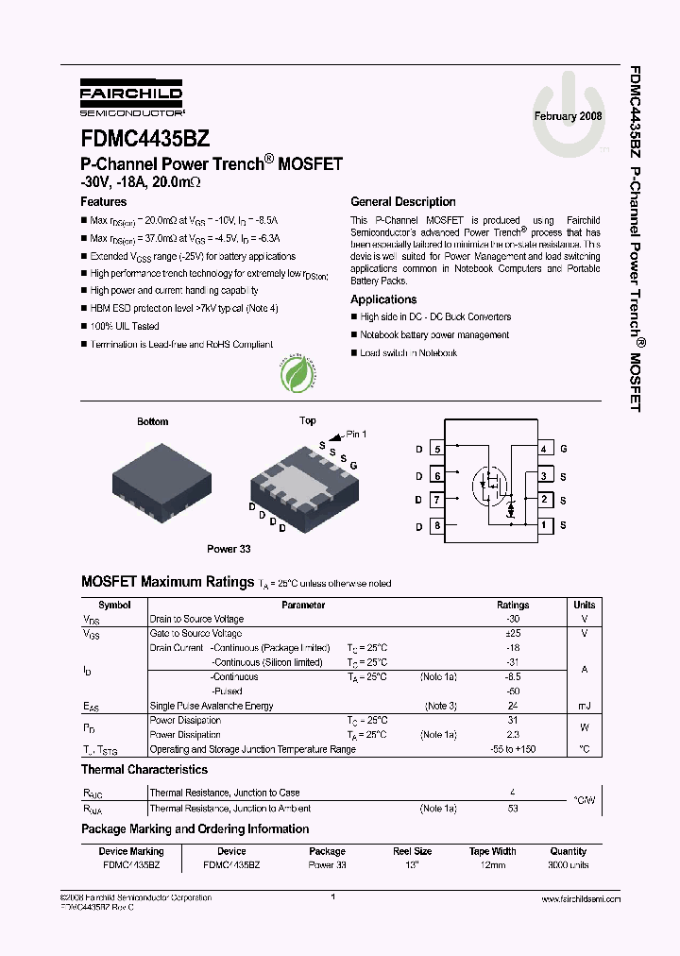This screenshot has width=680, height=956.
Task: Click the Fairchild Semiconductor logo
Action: (x=131, y=99)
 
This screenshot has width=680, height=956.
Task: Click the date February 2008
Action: (x=568, y=116)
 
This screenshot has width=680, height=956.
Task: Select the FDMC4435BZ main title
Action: (x=144, y=138)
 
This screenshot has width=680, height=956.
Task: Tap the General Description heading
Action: (x=402, y=201)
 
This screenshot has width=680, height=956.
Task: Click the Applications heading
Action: (x=383, y=299)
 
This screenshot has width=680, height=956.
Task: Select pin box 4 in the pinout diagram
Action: (x=545, y=449)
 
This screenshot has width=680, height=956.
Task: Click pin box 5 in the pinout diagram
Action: (x=437, y=450)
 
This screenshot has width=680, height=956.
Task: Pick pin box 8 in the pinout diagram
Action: (x=437, y=525)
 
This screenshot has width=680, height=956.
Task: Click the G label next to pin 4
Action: (x=564, y=449)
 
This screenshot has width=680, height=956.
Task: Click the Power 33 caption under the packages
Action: (x=229, y=548)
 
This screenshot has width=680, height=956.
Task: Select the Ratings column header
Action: (x=513, y=605)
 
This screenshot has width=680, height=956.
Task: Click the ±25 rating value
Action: (x=513, y=634)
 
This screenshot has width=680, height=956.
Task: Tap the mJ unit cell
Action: (x=584, y=706)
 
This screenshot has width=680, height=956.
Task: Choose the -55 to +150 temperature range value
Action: (x=513, y=749)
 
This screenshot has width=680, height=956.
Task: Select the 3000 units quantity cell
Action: (x=568, y=864)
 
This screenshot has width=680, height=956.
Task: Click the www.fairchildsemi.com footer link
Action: (x=581, y=899)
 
